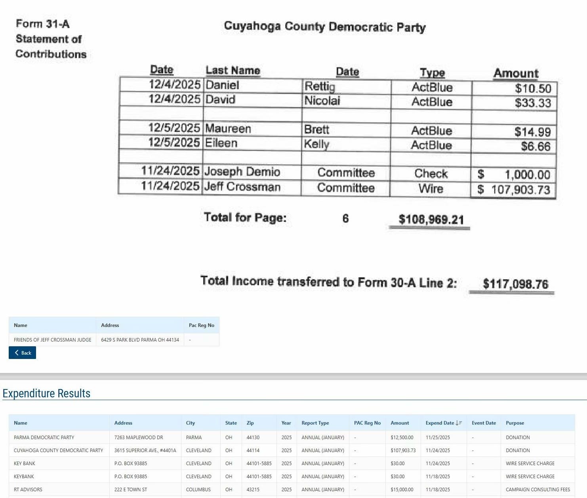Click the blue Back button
click(x=22, y=353)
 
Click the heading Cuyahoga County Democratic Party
click(x=324, y=27)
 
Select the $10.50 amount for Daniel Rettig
click(x=533, y=88)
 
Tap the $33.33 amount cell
click(x=533, y=103)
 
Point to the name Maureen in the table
click(x=228, y=129)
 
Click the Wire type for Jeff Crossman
click(x=431, y=189)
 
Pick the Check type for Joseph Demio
click(x=431, y=174)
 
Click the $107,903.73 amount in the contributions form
click(x=520, y=190)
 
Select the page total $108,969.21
click(x=431, y=219)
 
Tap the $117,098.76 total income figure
click(x=515, y=284)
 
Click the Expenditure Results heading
click(x=46, y=393)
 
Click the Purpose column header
click(x=515, y=423)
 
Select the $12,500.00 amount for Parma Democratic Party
click(x=402, y=437)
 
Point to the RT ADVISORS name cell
click(x=28, y=489)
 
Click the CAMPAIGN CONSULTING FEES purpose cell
click(x=537, y=489)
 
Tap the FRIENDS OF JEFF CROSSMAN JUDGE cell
click(x=52, y=340)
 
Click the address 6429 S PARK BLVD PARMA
click(x=140, y=340)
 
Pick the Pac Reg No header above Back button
click(x=201, y=325)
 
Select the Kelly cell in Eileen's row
click(x=316, y=144)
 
